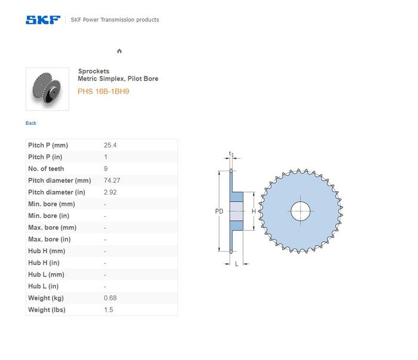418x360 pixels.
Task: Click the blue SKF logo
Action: pyautogui.click(x=43, y=20)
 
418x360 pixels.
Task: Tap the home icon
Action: pyautogui.click(x=119, y=51)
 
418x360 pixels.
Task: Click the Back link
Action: pyautogui.click(x=31, y=123)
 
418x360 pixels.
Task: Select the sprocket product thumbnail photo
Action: pyautogui.click(x=47, y=89)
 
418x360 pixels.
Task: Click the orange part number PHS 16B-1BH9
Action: pyautogui.click(x=103, y=91)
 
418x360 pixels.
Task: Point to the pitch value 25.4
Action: pyautogui.click(x=110, y=145)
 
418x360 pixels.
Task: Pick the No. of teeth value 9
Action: pyautogui.click(x=106, y=169)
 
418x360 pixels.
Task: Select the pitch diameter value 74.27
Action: pyautogui.click(x=112, y=180)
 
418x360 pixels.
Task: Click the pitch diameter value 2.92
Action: pyautogui.click(x=110, y=192)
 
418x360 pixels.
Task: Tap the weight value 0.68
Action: pyautogui.click(x=110, y=298)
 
